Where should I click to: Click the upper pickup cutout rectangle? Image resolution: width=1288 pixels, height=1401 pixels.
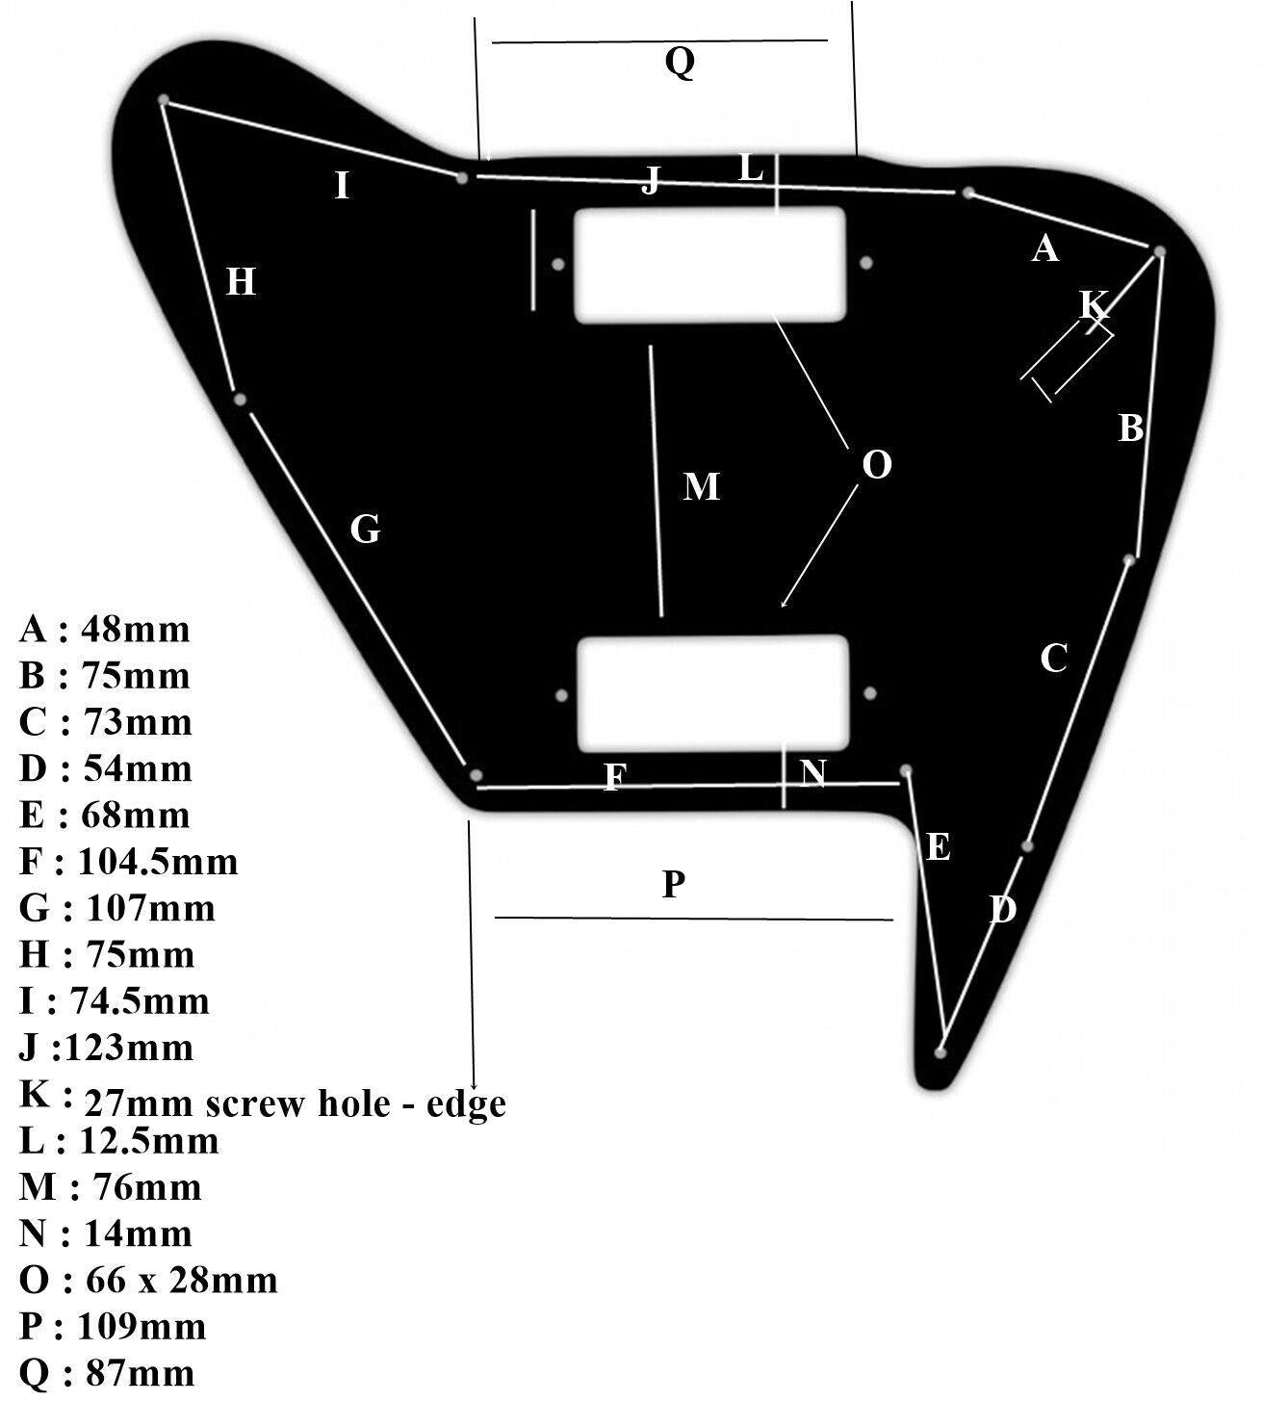[709, 266]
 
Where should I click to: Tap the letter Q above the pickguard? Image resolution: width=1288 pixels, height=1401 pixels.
[680, 63]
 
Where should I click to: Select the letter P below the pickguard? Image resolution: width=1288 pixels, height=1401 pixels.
[673, 884]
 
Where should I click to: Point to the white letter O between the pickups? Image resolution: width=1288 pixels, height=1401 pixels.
[877, 464]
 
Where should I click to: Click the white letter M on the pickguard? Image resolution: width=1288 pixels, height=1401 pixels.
[701, 487]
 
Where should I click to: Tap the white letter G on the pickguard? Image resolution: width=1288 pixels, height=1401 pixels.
[365, 530]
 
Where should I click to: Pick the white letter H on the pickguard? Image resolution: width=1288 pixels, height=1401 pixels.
[241, 282]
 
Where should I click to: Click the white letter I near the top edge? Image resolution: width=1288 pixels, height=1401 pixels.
[342, 186]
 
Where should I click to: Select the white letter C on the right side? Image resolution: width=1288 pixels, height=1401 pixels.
[1054, 658]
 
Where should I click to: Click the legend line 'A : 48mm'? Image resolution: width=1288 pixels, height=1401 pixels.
[105, 630]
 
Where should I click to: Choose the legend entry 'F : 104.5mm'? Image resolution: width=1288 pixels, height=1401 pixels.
[129, 861]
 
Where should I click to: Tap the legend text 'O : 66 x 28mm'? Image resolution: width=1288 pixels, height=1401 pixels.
[149, 1281]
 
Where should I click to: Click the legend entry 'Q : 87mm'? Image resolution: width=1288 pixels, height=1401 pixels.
[107, 1372]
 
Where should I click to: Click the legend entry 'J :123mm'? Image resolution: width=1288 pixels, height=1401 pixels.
[106, 1048]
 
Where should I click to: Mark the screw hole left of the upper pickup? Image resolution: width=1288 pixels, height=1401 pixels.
[558, 265]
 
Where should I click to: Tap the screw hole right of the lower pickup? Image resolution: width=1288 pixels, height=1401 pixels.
[870, 693]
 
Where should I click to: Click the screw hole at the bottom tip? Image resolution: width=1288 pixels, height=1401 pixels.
[940, 1052]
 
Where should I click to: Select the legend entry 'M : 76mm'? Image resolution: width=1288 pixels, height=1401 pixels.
[111, 1187]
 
